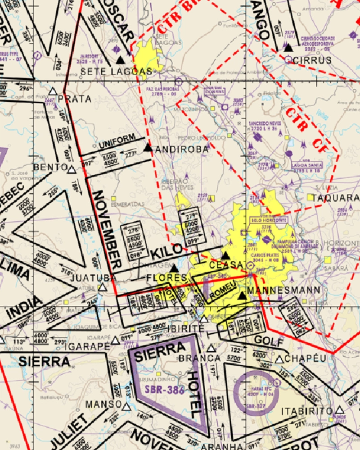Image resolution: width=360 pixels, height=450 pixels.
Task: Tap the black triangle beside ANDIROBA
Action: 148,147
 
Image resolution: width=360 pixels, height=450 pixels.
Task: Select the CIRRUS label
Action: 312,60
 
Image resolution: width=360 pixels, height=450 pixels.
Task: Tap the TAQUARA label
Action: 336,198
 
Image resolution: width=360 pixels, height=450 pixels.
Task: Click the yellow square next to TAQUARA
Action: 310,197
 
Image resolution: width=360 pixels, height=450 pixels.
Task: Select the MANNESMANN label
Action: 284,290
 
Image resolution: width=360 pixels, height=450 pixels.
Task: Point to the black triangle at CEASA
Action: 225,255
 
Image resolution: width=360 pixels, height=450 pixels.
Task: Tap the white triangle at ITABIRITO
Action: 339,410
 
